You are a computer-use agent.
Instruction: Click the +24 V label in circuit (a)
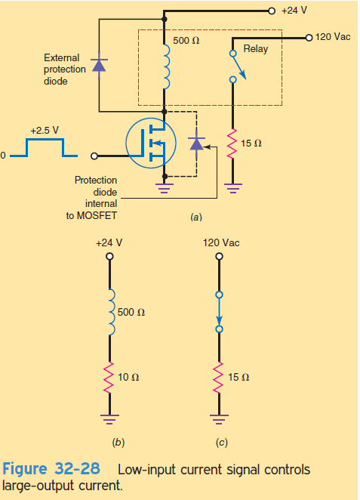click(x=294, y=11)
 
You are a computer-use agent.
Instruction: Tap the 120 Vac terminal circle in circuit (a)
click(x=309, y=38)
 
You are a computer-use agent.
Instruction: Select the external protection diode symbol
click(x=99, y=65)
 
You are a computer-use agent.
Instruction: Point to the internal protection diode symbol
click(x=196, y=144)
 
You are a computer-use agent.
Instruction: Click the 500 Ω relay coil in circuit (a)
click(x=166, y=66)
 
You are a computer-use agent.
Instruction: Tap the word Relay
click(x=256, y=49)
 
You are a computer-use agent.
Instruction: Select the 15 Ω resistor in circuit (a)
click(x=232, y=144)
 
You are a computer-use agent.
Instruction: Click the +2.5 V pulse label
click(x=45, y=131)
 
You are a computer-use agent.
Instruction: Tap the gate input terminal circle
click(x=94, y=156)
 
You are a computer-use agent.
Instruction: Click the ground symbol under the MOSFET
click(x=165, y=188)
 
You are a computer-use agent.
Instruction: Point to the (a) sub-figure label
click(x=196, y=218)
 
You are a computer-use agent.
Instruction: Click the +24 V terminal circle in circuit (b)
click(x=109, y=256)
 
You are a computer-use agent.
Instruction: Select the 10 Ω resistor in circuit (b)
click(x=109, y=378)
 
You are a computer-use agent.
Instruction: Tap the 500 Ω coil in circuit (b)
click(x=111, y=312)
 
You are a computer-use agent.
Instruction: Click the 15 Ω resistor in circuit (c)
click(x=219, y=378)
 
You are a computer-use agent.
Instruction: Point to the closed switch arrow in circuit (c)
click(x=219, y=312)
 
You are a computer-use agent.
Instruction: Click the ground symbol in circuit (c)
click(x=219, y=419)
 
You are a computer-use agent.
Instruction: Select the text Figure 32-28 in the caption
click(x=51, y=469)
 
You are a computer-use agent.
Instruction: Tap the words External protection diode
click(x=65, y=69)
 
